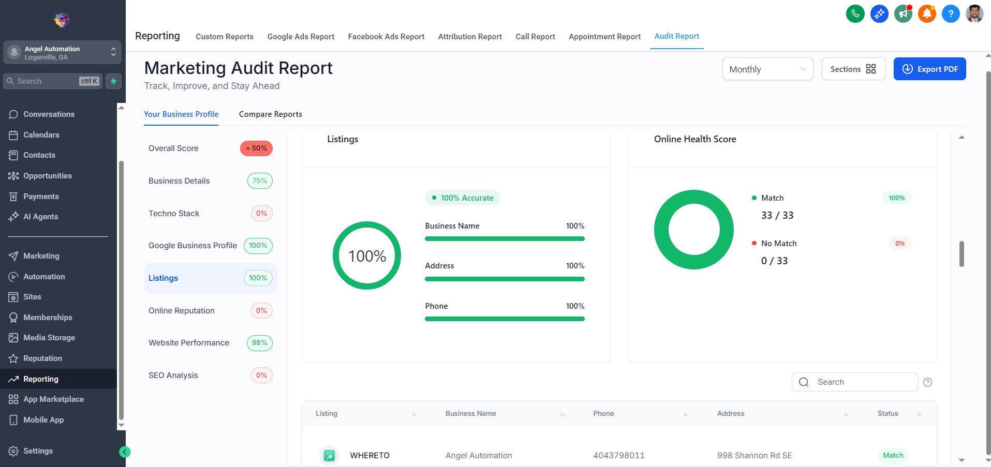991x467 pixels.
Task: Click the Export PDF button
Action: tap(929, 69)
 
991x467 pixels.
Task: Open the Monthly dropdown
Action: tap(767, 69)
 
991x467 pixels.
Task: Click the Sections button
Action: tap(853, 69)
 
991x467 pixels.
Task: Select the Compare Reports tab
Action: tap(270, 114)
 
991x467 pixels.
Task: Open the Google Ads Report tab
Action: tap(301, 37)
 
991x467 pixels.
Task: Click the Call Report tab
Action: tap(535, 37)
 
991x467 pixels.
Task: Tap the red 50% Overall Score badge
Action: tap(256, 148)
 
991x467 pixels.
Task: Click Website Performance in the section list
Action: tap(189, 343)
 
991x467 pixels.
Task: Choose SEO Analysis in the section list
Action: tap(173, 375)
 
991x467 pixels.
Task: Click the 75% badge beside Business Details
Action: tap(260, 181)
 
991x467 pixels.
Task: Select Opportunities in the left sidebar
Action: tap(47, 176)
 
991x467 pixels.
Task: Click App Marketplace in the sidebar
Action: tap(53, 399)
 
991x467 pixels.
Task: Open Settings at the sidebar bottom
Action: tap(38, 451)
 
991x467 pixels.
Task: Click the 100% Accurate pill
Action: tap(463, 198)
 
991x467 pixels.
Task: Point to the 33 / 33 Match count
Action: tap(777, 216)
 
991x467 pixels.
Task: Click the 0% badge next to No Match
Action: tap(900, 244)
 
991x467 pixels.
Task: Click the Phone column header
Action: tap(603, 414)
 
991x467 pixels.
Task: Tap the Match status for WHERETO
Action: tap(893, 456)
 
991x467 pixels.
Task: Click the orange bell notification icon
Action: tap(927, 14)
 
